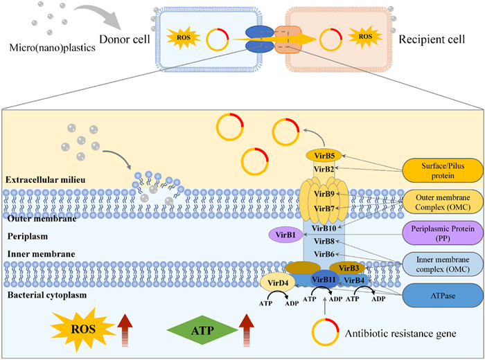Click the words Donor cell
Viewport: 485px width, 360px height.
point(124,39)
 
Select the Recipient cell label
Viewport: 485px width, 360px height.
point(434,38)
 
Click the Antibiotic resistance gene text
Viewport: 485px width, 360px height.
point(400,333)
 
